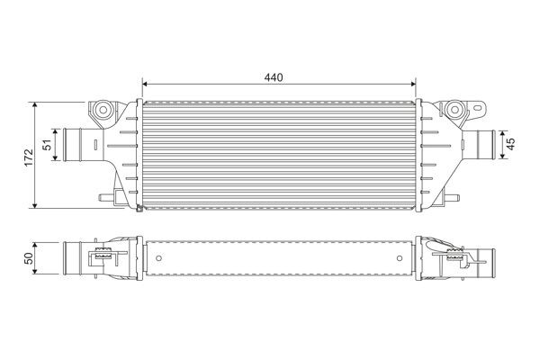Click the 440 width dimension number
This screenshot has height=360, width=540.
coord(275,77)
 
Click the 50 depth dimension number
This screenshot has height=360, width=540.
coord(29,258)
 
